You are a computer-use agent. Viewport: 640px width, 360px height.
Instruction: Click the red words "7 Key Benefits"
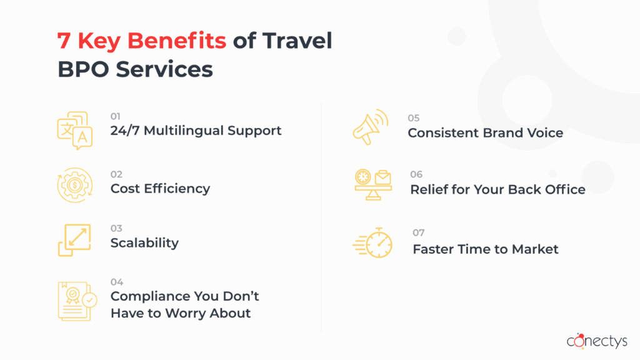click(142, 41)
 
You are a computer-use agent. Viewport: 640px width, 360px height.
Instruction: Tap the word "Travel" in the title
click(297, 41)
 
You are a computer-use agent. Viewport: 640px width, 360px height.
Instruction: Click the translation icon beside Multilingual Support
click(75, 131)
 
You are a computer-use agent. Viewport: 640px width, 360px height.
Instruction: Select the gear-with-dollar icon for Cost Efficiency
click(75, 185)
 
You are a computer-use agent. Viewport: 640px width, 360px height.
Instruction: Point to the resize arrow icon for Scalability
click(74, 240)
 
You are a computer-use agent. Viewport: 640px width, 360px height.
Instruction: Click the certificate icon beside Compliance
click(77, 301)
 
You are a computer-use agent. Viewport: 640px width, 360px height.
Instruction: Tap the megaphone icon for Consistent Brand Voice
click(371, 127)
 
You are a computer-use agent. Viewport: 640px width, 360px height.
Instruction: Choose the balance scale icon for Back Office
click(373, 185)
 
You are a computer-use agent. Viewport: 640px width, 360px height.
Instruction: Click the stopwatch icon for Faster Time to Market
click(372, 243)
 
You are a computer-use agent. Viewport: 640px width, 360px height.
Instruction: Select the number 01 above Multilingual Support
click(116, 116)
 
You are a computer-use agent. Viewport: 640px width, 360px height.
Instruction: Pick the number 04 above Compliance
click(117, 282)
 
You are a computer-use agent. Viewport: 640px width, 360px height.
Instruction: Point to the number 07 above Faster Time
click(419, 232)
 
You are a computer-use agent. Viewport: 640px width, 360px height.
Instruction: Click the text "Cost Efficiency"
click(161, 189)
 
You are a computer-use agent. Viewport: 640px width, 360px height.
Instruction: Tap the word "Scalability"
click(144, 243)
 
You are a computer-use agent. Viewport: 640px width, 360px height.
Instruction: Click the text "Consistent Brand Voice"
click(485, 132)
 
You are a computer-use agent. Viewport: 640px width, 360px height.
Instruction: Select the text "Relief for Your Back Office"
click(497, 189)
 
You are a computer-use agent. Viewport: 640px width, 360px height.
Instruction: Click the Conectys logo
click(597, 341)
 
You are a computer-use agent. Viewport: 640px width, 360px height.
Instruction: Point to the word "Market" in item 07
click(535, 249)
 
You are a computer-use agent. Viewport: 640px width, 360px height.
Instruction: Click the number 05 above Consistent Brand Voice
click(414, 118)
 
